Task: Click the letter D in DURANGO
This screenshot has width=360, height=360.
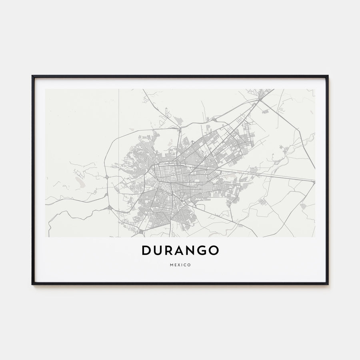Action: coord(146,250)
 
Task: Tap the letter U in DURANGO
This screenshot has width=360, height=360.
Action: coord(158,250)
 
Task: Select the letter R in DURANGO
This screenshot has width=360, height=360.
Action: coord(169,250)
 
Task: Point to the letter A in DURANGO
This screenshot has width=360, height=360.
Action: coord(180,250)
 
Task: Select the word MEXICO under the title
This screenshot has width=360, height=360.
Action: coord(180,265)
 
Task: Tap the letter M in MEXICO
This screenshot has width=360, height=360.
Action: coord(171,265)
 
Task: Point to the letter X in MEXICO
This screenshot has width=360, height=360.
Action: coord(178,265)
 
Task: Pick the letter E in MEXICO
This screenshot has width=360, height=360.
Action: coord(175,265)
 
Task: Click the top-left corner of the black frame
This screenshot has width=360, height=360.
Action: coord(32,76)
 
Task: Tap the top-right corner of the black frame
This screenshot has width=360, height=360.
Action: coord(328,76)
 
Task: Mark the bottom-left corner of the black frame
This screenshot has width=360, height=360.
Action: coord(32,284)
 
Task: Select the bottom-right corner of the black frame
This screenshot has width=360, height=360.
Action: coord(328,284)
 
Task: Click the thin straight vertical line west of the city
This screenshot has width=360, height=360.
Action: coord(119,120)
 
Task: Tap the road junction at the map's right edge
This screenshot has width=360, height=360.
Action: coord(314,182)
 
